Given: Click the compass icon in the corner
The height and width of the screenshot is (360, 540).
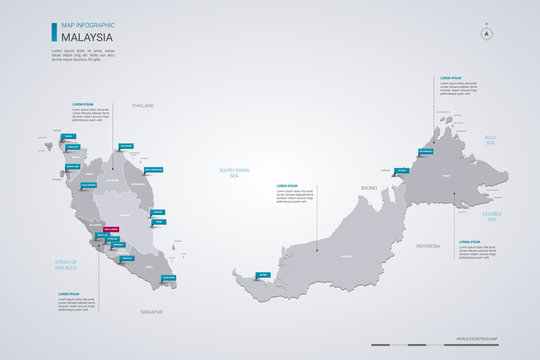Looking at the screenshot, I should pos(488,33).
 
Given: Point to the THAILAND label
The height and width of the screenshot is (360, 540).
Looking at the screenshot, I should pos(144,103).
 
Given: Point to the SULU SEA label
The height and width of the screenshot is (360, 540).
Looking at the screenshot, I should pos(490,142).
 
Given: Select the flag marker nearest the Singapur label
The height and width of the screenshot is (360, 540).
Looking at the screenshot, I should pos(167,278).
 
